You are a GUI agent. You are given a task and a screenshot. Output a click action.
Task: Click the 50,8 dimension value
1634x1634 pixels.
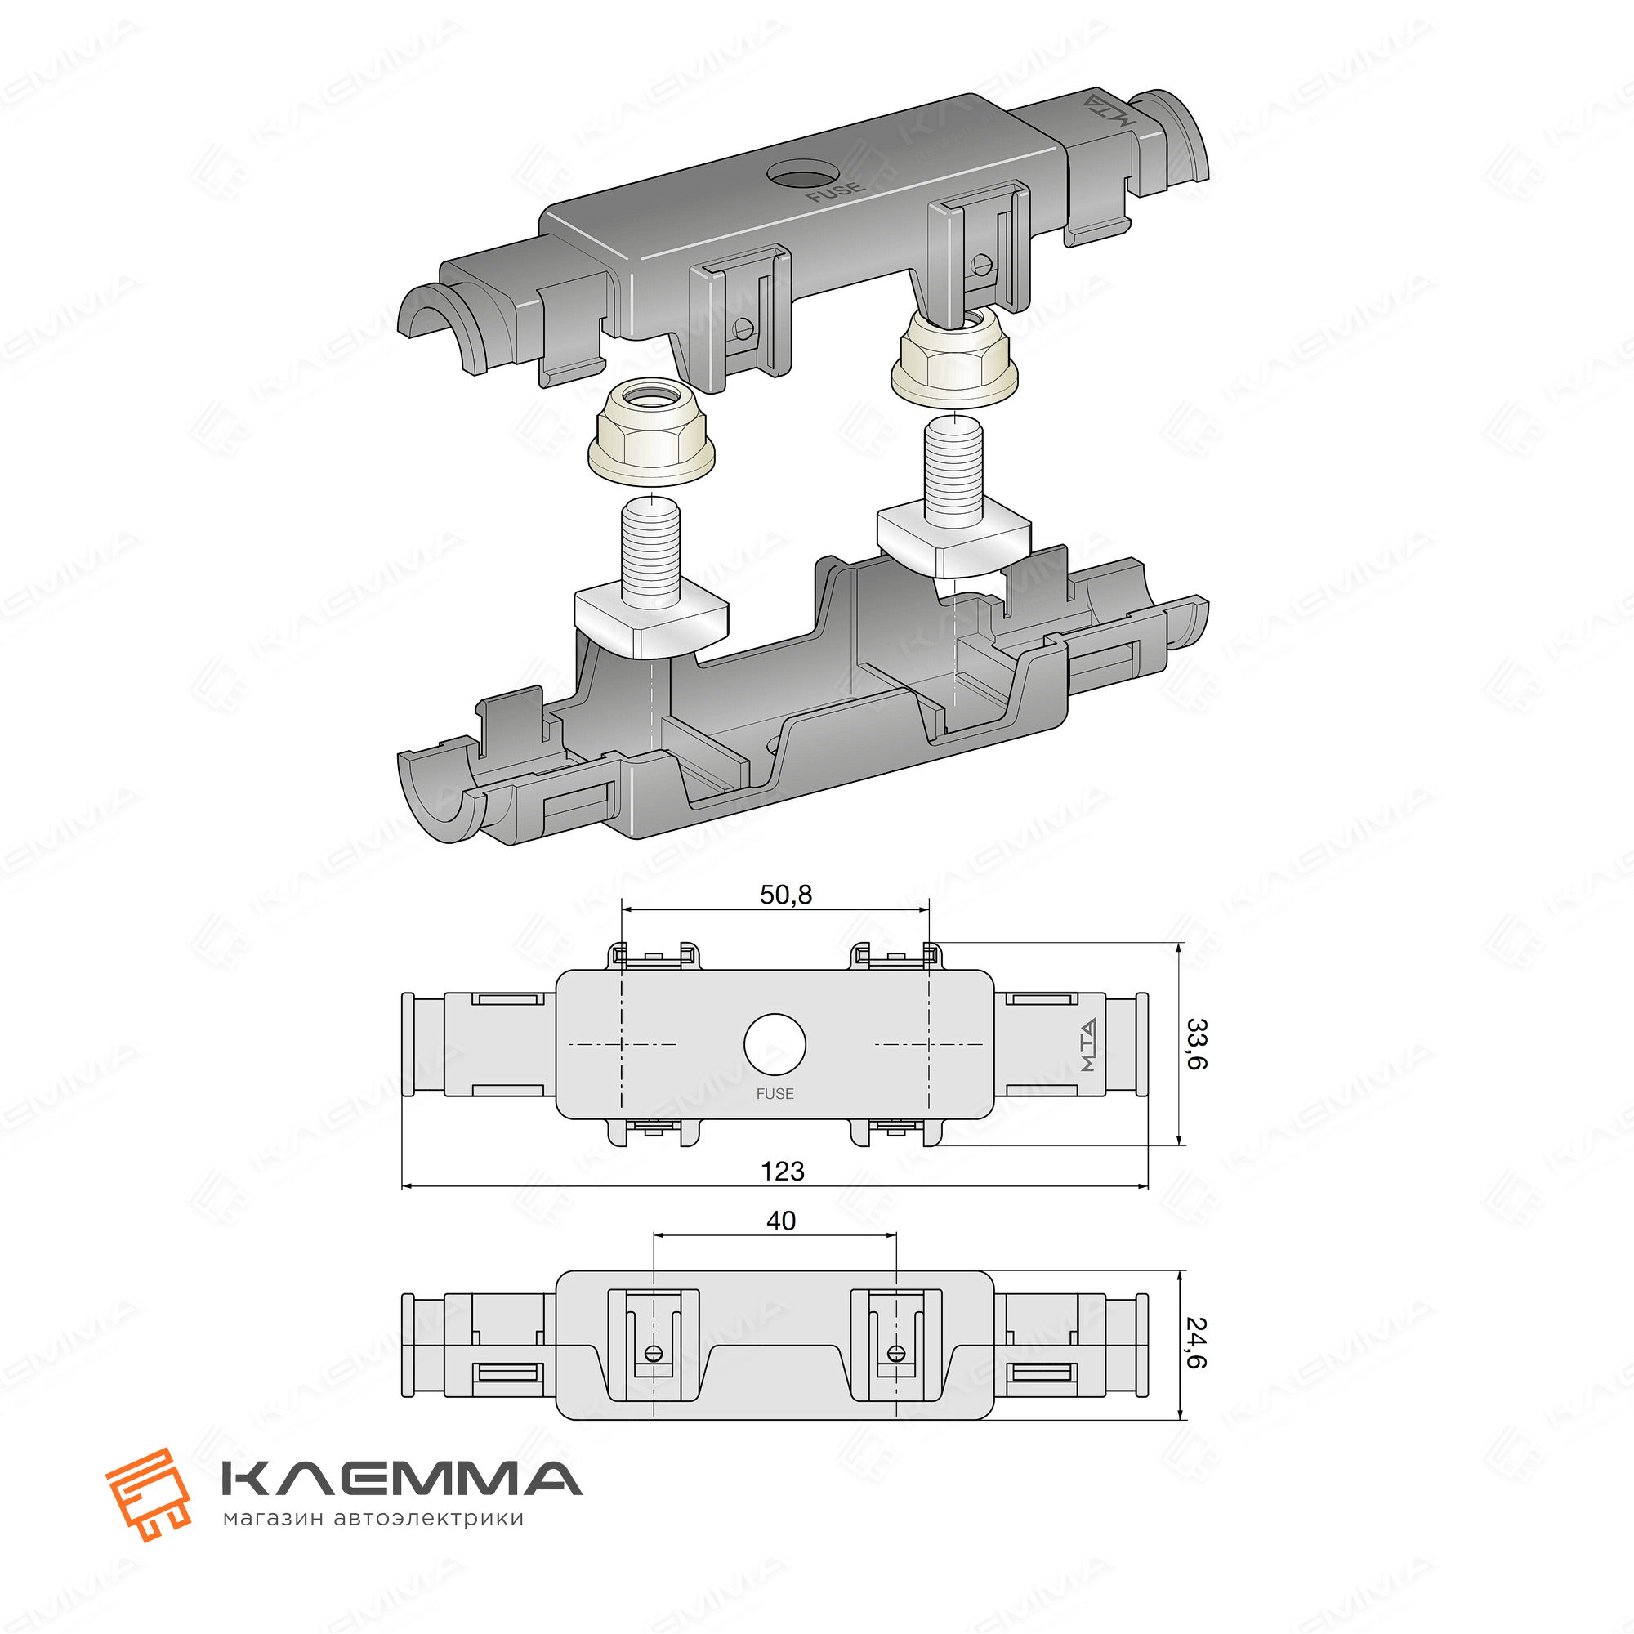pos(785,894)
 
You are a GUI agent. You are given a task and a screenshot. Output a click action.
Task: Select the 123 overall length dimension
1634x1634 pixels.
pos(783,1172)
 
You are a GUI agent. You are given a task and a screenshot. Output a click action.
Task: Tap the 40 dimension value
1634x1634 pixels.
pos(780,1221)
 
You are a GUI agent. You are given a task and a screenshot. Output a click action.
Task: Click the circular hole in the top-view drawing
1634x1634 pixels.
pos(775,1044)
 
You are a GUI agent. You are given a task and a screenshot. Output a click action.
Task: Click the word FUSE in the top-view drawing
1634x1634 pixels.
pos(775,1094)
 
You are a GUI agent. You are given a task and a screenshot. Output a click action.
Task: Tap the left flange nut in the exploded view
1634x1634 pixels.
pos(651,431)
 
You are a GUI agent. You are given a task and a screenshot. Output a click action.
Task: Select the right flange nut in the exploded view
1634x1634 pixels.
pos(955,354)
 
